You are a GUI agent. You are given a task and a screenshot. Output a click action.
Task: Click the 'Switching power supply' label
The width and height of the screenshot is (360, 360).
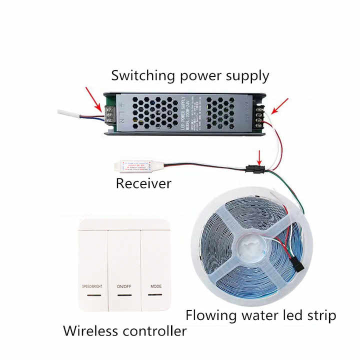(190, 76)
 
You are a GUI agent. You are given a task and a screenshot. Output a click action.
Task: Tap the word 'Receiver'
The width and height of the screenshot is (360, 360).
(143, 183)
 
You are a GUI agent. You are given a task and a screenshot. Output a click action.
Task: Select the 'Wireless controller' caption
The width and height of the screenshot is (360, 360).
(125, 330)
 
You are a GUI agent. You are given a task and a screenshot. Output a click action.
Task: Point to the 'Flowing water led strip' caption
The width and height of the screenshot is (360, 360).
(260, 315)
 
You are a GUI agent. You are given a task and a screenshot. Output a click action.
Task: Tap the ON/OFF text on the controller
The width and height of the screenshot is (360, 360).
(125, 287)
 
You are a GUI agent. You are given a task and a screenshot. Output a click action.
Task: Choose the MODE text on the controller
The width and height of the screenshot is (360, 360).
(156, 287)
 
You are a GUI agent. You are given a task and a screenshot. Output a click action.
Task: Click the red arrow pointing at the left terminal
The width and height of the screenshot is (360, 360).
(93, 98)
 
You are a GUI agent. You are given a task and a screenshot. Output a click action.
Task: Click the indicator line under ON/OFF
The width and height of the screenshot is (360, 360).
(125, 295)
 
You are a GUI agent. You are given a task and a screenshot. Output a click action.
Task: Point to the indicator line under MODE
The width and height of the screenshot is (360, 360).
(156, 295)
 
